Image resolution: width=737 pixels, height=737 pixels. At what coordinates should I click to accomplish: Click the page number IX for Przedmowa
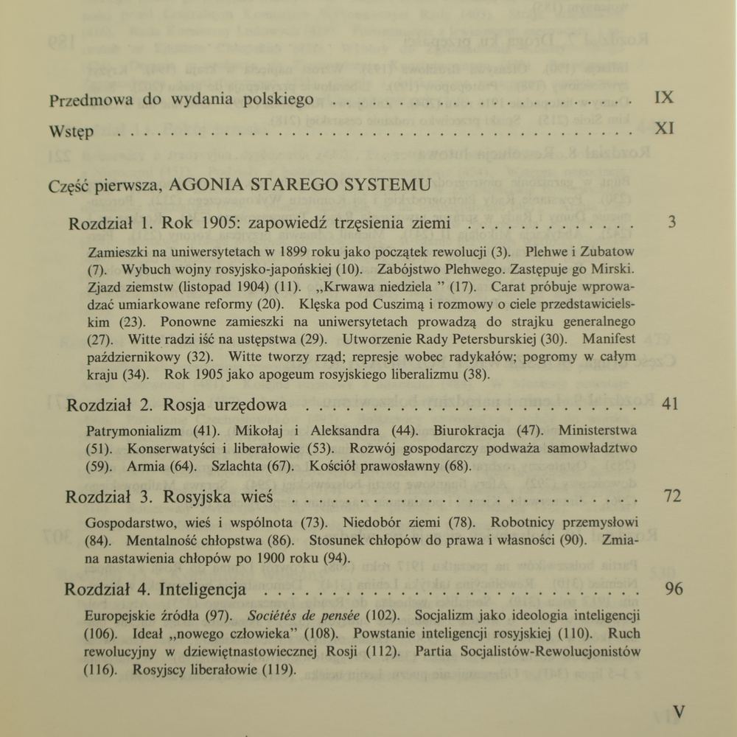664,97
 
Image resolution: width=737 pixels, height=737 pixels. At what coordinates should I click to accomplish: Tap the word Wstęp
71,133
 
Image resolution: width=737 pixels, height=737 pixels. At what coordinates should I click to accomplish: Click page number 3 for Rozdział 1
671,222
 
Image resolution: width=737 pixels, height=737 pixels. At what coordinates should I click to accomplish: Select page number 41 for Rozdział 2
670,404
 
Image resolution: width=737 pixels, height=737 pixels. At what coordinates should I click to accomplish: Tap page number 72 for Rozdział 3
672,496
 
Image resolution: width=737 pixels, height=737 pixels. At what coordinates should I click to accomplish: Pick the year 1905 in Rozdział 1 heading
220,223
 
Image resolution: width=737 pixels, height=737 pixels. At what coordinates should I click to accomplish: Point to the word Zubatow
609,251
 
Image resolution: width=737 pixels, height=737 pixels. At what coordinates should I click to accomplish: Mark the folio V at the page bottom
679,712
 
